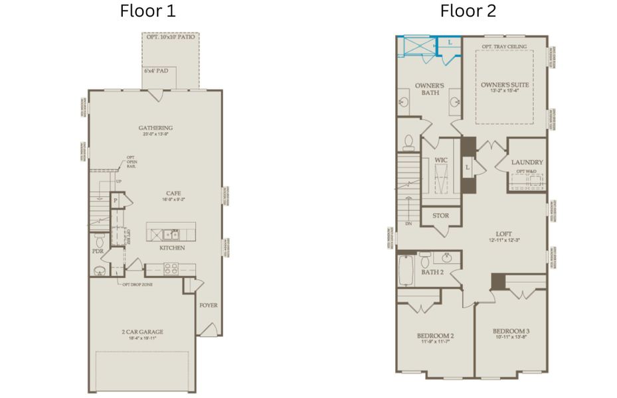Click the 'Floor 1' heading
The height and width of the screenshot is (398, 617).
[x=148, y=11]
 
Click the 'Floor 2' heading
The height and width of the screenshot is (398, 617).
[x=468, y=11]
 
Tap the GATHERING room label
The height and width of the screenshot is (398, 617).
[x=155, y=128]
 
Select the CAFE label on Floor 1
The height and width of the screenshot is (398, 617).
[x=173, y=193]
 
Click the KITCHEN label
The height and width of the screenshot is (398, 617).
[x=171, y=248]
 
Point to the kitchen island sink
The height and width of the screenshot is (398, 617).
[x=172, y=234]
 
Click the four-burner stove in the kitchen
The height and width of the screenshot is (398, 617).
[x=171, y=269]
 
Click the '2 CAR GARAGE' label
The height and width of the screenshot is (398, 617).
[x=142, y=332]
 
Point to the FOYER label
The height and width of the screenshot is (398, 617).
[x=209, y=305]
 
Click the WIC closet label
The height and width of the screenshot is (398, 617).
[x=441, y=161]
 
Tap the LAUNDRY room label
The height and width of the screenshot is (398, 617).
[x=527, y=162]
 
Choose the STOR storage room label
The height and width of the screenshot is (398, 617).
[x=440, y=216]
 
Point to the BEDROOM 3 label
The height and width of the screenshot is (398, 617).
[x=511, y=331]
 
